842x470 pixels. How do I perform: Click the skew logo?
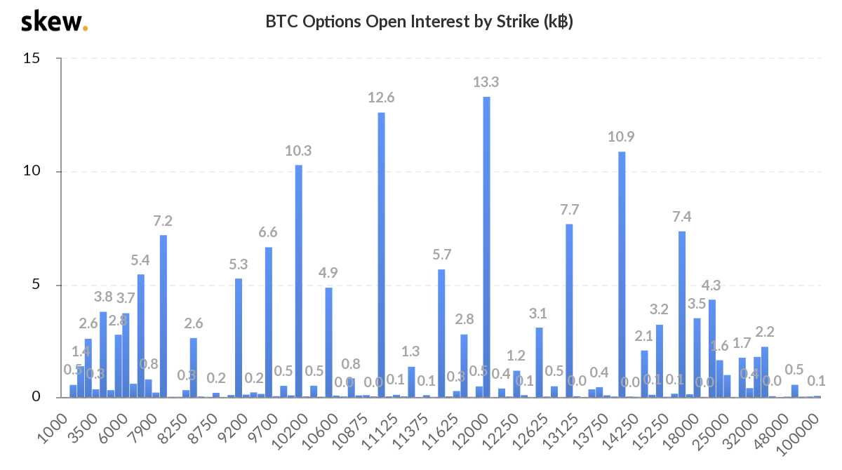click(x=54, y=22)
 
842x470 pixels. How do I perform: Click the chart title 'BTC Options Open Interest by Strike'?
click(x=419, y=22)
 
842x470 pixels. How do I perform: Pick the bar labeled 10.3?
click(x=298, y=281)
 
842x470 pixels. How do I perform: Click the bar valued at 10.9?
click(x=622, y=274)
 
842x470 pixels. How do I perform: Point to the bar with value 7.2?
click(x=163, y=316)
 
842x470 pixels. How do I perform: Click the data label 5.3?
click(x=239, y=264)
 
